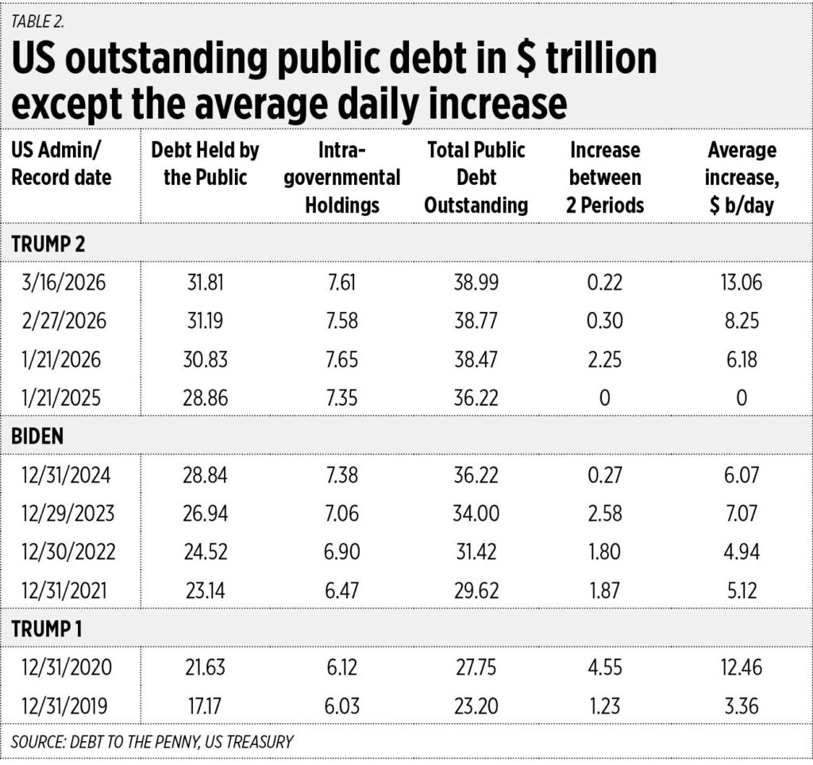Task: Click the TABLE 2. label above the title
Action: pyautogui.click(x=38, y=21)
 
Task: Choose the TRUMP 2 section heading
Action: pyautogui.click(x=50, y=243)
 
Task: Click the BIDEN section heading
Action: pyautogui.click(x=38, y=438)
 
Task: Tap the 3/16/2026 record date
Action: pyautogui.click(x=62, y=282)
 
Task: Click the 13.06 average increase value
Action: pyautogui.click(x=742, y=282)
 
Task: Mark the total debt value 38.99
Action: pyautogui.click(x=476, y=282)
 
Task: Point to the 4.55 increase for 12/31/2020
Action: pyautogui.click(x=604, y=667)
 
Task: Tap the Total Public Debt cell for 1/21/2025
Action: pyautogui.click(x=476, y=397)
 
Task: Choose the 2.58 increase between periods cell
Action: pyautogui.click(x=604, y=513)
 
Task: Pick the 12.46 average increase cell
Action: pyautogui.click(x=742, y=667)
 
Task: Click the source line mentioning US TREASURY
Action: pyautogui.click(x=152, y=743)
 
